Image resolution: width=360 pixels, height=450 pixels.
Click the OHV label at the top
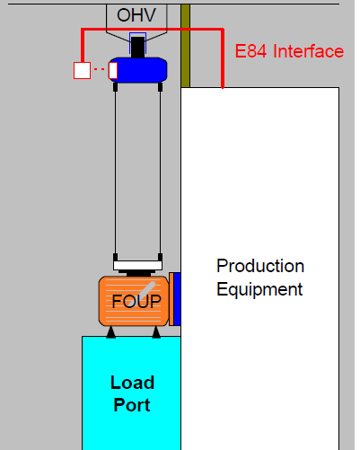[x=136, y=15]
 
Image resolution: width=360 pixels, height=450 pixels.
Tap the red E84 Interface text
[x=289, y=51]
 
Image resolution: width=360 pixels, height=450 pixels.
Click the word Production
[x=260, y=266]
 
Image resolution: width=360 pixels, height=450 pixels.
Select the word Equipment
[x=259, y=289]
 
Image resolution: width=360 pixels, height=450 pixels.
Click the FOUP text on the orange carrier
[x=136, y=301]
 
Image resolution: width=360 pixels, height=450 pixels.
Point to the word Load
[x=133, y=383]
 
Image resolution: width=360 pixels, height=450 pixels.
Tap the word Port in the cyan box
[x=132, y=405]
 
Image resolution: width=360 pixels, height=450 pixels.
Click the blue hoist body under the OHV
[x=138, y=70]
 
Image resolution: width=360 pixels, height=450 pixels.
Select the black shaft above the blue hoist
[x=137, y=47]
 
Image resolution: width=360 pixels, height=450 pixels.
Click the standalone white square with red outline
[x=82, y=70]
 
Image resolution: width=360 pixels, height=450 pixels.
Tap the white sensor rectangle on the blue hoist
[x=113, y=70]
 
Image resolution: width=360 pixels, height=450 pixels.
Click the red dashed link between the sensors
[x=100, y=69]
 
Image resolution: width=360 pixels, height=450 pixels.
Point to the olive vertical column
[x=186, y=46]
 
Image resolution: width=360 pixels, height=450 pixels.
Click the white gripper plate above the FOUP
[x=138, y=265]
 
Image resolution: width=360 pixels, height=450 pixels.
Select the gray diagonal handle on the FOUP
[x=147, y=289]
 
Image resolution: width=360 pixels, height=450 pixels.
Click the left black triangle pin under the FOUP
[x=111, y=332]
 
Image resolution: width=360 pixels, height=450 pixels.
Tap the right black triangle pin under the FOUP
[x=156, y=332]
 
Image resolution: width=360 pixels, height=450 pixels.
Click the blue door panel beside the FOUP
[x=177, y=299]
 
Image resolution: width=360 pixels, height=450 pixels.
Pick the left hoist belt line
[x=116, y=172]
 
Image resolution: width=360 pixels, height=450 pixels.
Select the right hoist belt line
[x=160, y=172]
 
